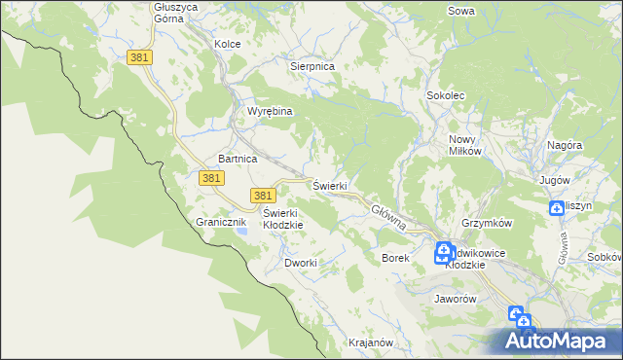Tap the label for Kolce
(227, 44)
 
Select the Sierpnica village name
(312, 66)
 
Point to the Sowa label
(460, 12)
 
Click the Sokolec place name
(446, 95)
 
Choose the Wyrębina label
(270, 111)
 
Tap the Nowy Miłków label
(466, 146)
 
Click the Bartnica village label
(238, 158)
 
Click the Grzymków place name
(488, 223)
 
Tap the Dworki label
(301, 263)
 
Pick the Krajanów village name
(370, 342)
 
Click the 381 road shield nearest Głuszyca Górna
(139, 58)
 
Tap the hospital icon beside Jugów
(556, 207)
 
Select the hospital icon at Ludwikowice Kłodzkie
(443, 253)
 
